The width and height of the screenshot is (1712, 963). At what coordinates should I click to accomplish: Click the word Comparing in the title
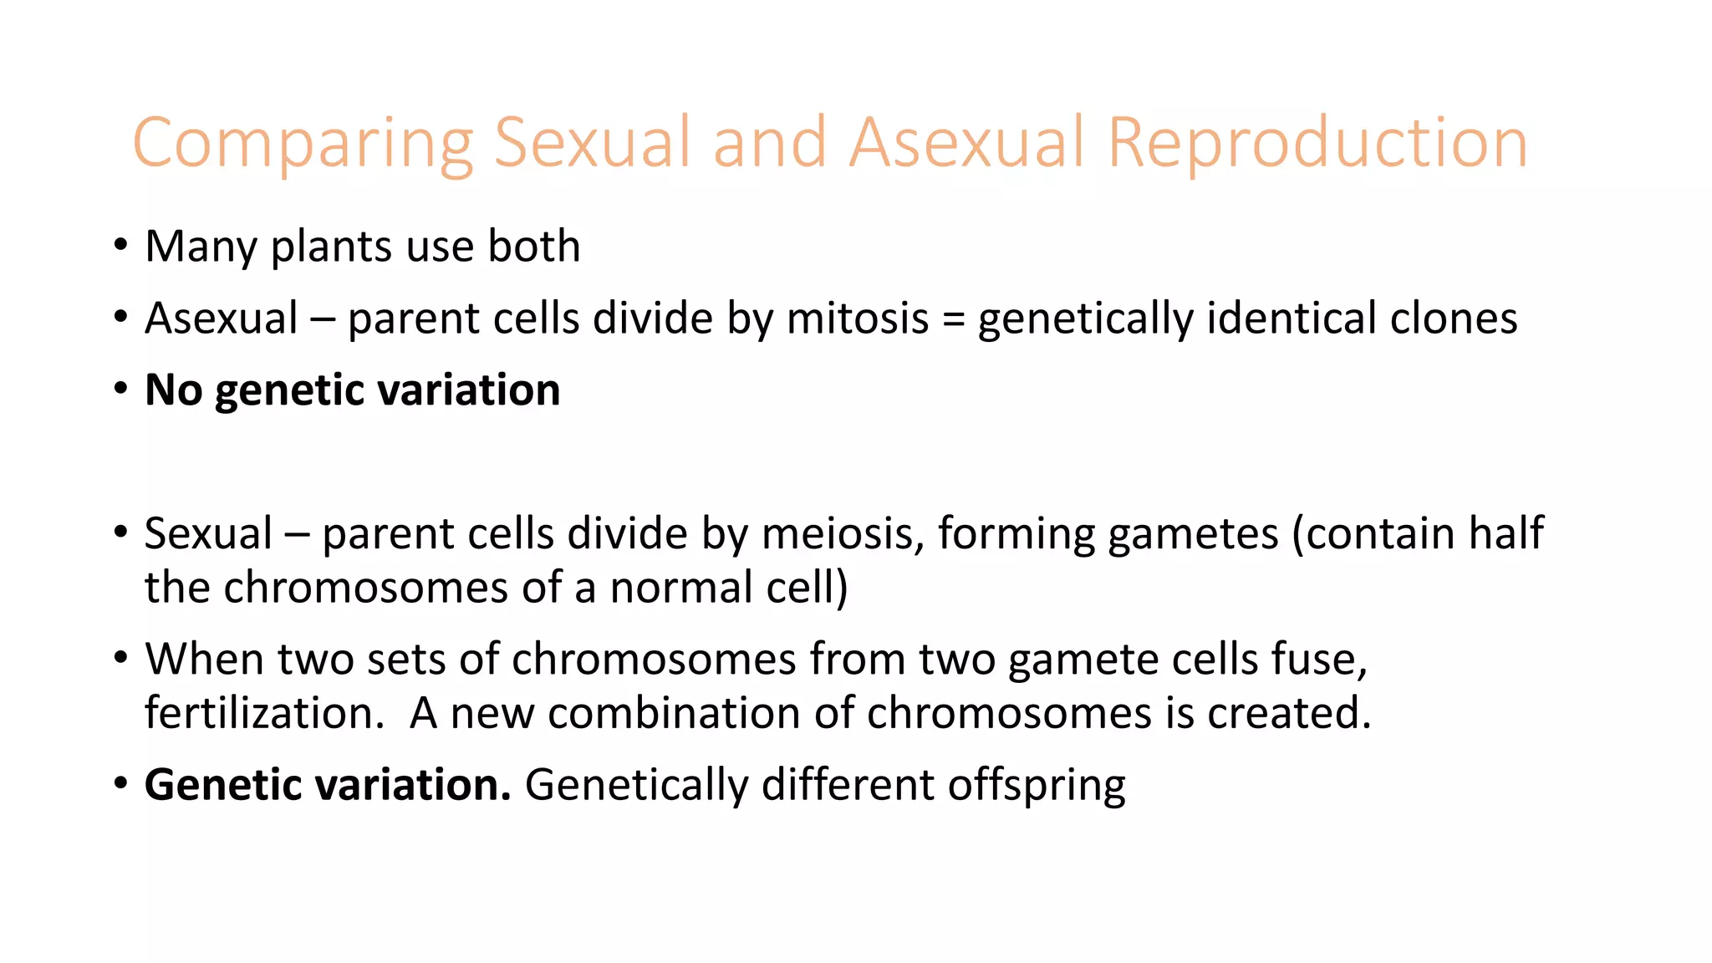[x=303, y=144]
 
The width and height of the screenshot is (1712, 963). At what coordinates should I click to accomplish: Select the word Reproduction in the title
[x=1318, y=144]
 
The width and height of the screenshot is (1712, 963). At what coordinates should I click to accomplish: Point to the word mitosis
[x=858, y=318]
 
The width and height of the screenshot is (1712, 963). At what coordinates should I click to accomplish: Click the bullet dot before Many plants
[x=121, y=247]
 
